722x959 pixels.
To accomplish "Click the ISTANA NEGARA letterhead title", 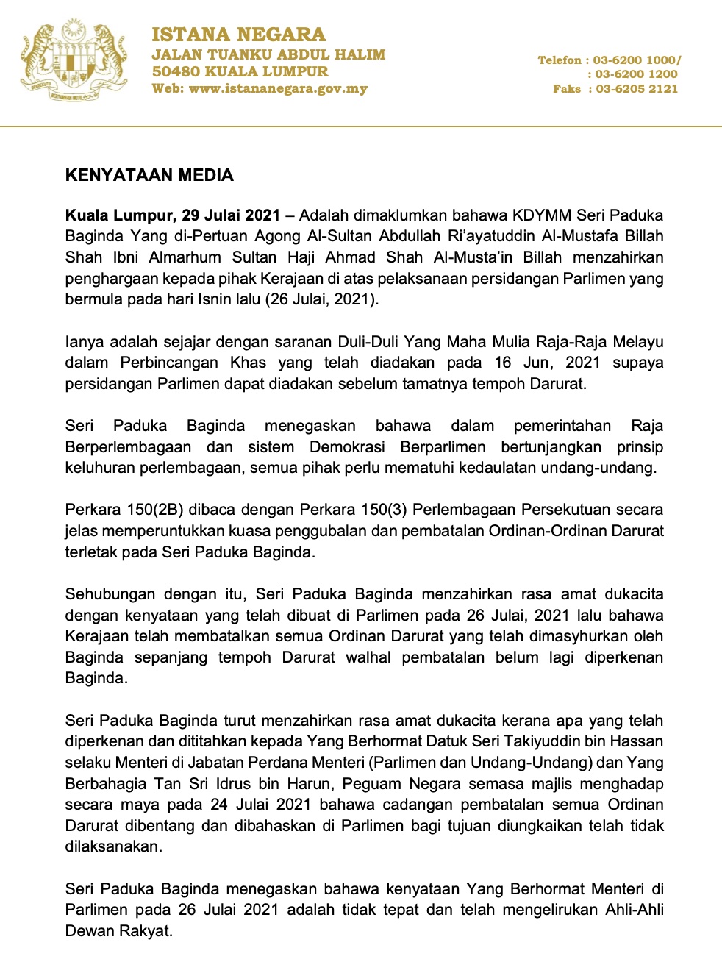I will (x=238, y=35).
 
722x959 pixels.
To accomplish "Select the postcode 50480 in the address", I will (x=175, y=71).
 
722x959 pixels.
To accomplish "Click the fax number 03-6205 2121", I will (x=637, y=88).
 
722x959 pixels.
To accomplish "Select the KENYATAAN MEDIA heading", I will (x=149, y=175).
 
